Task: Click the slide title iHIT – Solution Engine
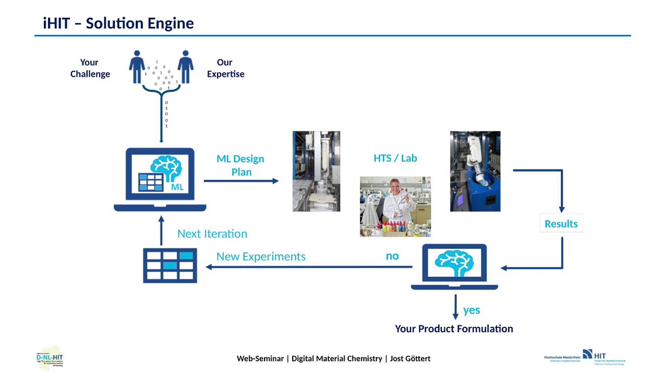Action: (x=118, y=23)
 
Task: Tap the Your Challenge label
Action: (x=90, y=68)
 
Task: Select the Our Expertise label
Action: (x=225, y=68)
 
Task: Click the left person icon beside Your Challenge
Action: (x=137, y=67)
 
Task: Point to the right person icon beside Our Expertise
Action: (x=185, y=67)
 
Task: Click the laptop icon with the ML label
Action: (x=160, y=179)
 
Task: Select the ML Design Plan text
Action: (x=241, y=165)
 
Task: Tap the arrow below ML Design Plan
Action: (x=241, y=180)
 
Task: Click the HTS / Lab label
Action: (x=395, y=158)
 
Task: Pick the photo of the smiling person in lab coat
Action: (x=395, y=206)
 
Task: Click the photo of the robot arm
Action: (x=475, y=171)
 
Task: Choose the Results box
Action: (x=561, y=224)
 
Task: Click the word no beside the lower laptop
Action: (x=392, y=256)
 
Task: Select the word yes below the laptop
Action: (x=471, y=310)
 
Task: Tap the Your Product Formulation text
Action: (x=454, y=328)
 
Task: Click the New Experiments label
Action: (x=261, y=257)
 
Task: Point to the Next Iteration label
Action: (x=212, y=234)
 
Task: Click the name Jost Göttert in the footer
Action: (x=410, y=359)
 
